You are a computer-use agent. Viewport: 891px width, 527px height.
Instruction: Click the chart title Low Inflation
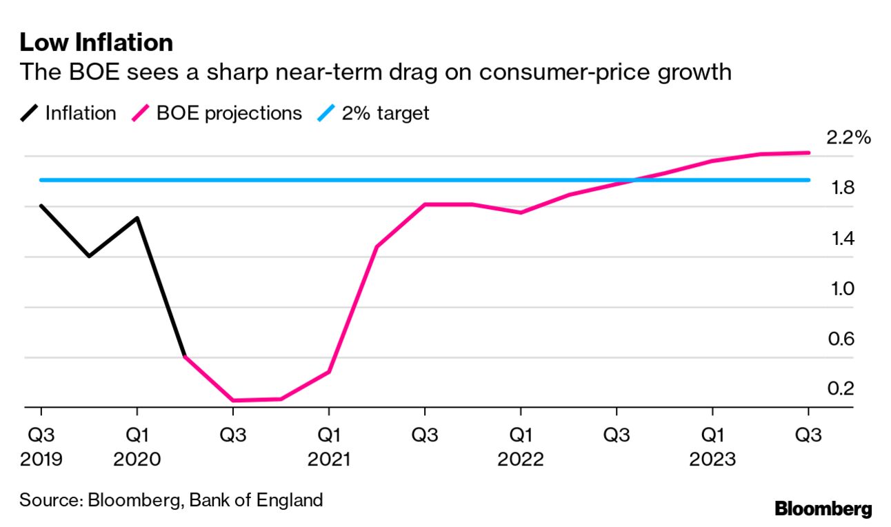pyautogui.click(x=96, y=43)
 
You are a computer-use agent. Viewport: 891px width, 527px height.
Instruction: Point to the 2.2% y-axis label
pyautogui.click(x=849, y=139)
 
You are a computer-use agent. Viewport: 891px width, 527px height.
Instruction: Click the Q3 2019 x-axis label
pyautogui.click(x=41, y=446)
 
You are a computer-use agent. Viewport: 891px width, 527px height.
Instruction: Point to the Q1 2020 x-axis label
pyautogui.click(x=137, y=446)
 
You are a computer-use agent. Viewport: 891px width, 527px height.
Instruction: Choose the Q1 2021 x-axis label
pyautogui.click(x=329, y=446)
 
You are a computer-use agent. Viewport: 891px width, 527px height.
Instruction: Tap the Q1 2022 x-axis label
pyautogui.click(x=521, y=446)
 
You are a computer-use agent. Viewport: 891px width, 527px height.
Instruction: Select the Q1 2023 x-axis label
pyautogui.click(x=712, y=446)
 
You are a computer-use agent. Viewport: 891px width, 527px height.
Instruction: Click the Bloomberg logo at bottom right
pyautogui.click(x=823, y=510)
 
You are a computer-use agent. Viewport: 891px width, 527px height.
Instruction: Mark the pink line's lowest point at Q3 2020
pyautogui.click(x=233, y=400)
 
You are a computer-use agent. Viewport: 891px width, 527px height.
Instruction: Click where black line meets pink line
pyautogui.click(x=185, y=357)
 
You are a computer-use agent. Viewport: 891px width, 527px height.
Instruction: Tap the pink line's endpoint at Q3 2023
pyautogui.click(x=808, y=152)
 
